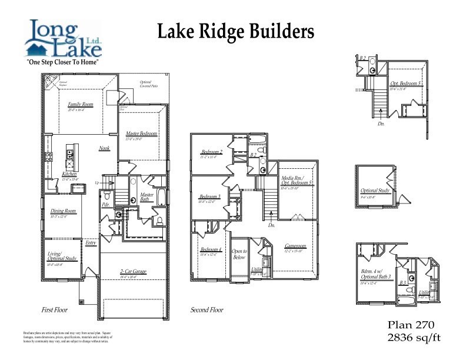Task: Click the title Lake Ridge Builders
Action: [x=235, y=31]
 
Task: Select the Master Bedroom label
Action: [x=141, y=134]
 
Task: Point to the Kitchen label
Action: [x=69, y=174]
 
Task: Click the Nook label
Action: [x=104, y=148]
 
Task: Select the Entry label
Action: [x=91, y=242]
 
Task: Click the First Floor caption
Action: [x=54, y=309]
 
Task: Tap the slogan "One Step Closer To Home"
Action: [x=62, y=62]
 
